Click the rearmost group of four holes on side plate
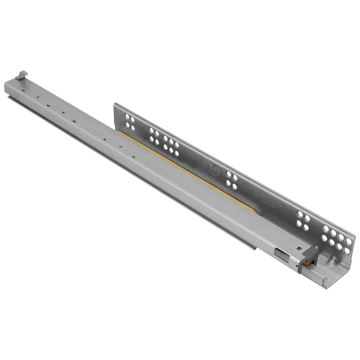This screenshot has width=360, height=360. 129,121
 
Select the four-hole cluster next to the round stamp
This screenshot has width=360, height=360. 231,180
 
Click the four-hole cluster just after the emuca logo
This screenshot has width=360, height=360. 302,219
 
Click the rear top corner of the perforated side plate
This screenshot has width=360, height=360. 114,104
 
